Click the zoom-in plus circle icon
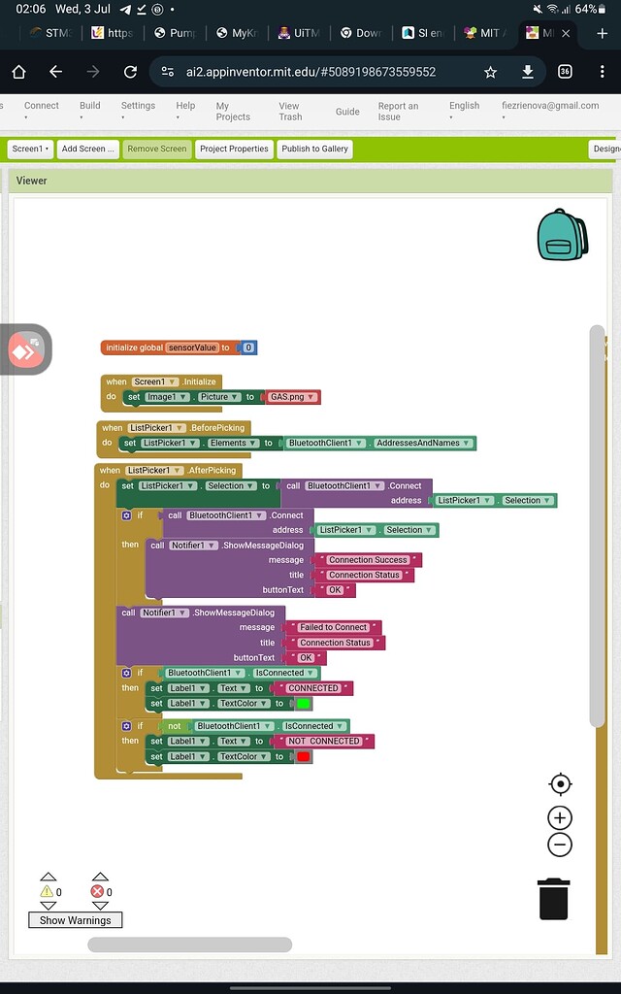tap(560, 817)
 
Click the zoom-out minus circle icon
tap(560, 845)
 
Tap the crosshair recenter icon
tap(560, 783)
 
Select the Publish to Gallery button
tap(314, 149)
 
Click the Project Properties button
tap(234, 149)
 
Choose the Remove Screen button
tap(156, 149)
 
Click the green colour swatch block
tap(303, 704)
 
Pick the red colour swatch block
tap(303, 757)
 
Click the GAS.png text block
tap(292, 397)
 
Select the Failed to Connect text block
tap(333, 627)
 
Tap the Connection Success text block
tap(368, 560)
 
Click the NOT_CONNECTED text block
tap(324, 742)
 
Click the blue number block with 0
tap(248, 348)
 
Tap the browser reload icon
tap(130, 72)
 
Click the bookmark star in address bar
tap(491, 72)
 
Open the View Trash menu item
tap(289, 111)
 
